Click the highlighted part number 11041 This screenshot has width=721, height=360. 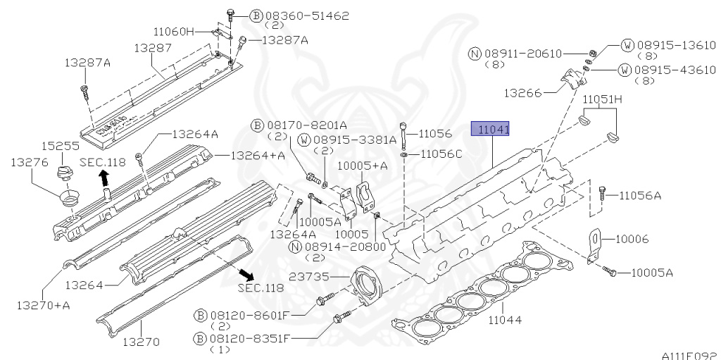491,130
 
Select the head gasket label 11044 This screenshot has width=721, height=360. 505,319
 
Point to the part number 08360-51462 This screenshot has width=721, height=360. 307,16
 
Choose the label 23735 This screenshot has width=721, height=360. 309,277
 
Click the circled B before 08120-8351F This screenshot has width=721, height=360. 199,340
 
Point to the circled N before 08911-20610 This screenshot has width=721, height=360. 475,54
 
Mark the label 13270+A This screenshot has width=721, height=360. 43,305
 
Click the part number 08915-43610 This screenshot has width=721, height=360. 675,70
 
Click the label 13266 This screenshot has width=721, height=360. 524,93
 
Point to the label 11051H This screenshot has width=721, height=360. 603,99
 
